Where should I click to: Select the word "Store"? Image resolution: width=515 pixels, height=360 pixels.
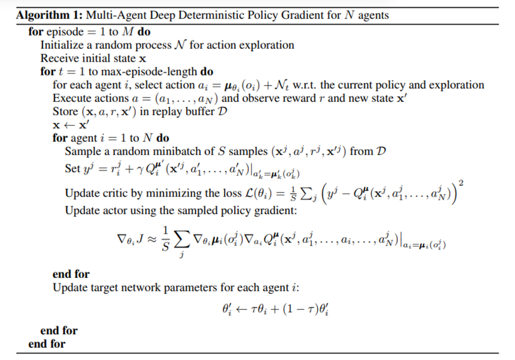[x=65, y=112]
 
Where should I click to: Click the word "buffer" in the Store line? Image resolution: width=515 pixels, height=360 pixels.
[x=197, y=112]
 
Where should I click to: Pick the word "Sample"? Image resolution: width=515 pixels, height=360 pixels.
[x=82, y=152]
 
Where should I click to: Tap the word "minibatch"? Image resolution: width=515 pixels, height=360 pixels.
[x=170, y=152]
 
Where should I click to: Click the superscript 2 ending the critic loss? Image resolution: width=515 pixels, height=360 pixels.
[x=461, y=183]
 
